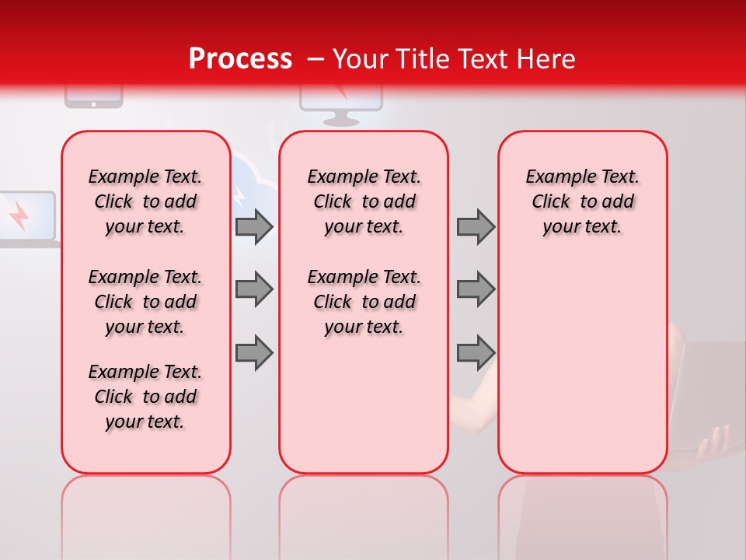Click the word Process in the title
(239, 59)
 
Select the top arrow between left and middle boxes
(254, 226)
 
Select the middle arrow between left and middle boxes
(254, 289)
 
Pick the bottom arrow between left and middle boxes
(254, 352)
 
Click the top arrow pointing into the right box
(476, 226)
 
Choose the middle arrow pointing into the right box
(476, 289)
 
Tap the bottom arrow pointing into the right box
(476, 352)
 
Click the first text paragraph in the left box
(145, 201)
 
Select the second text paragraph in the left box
(145, 302)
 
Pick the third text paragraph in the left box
(145, 397)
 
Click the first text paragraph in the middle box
(364, 201)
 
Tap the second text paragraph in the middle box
(364, 302)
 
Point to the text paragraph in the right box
(582, 201)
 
